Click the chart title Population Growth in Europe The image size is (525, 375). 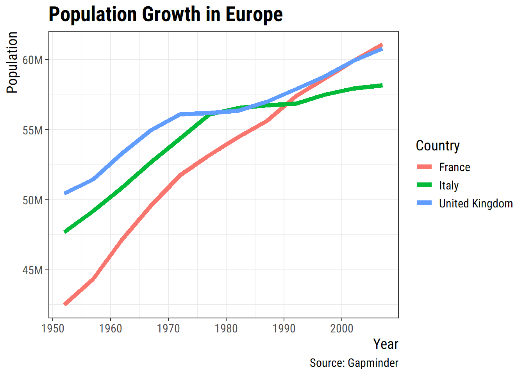point(166,14)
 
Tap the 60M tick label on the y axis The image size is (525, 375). point(32,60)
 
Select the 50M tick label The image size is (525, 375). point(32,200)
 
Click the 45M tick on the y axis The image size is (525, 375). point(32,270)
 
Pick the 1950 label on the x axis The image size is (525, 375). point(53,329)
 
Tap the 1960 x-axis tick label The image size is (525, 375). point(111,329)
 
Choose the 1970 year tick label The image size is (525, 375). point(168,329)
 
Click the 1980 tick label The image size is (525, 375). point(226,329)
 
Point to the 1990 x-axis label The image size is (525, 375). point(284,329)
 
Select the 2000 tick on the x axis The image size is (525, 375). point(342,329)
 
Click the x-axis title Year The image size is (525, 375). point(386,344)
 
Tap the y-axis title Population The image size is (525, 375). point(12,62)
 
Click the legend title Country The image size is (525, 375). point(437,146)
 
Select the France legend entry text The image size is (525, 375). point(454,167)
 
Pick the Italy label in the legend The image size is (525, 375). point(449,186)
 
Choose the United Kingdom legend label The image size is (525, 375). point(476,204)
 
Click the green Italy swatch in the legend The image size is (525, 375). point(425,185)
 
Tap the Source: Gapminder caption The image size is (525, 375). point(354,363)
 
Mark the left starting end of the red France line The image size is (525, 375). point(65,304)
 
